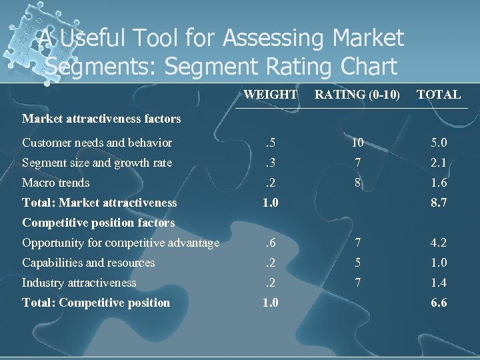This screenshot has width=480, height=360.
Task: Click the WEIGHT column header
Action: pyautogui.click(x=270, y=95)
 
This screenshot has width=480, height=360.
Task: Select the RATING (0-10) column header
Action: pyautogui.click(x=357, y=95)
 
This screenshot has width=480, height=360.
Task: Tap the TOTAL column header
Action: pyautogui.click(x=438, y=95)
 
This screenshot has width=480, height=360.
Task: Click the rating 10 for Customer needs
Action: pyautogui.click(x=358, y=143)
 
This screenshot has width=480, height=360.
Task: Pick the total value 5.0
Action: pyautogui.click(x=438, y=143)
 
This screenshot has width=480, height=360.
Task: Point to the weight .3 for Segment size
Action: pyautogui.click(x=270, y=163)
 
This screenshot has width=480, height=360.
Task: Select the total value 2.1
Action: pyautogui.click(x=438, y=163)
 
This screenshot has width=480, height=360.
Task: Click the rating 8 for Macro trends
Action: pyautogui.click(x=358, y=183)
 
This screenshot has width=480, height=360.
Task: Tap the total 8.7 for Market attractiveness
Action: pyautogui.click(x=438, y=203)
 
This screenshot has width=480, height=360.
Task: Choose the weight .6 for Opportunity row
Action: pyautogui.click(x=270, y=243)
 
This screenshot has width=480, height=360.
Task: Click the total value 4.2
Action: pyautogui.click(x=438, y=243)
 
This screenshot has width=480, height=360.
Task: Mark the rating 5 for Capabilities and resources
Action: pyautogui.click(x=358, y=263)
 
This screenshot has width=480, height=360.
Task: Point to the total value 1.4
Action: pyautogui.click(x=438, y=283)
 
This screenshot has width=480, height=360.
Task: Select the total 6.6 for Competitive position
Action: pyautogui.click(x=438, y=303)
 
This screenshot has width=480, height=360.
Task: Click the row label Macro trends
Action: pyautogui.click(x=55, y=183)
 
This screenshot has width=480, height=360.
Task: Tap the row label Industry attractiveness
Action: pyautogui.click(x=79, y=283)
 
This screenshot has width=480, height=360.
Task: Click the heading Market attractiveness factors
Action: pyautogui.click(x=101, y=119)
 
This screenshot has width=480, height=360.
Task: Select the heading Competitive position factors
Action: pyautogui.click(x=98, y=223)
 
